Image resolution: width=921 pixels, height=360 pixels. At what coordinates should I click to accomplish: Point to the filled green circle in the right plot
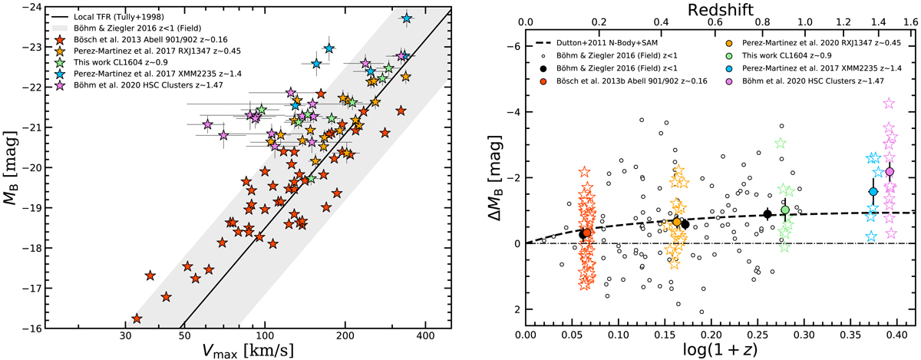[x=785, y=210]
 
